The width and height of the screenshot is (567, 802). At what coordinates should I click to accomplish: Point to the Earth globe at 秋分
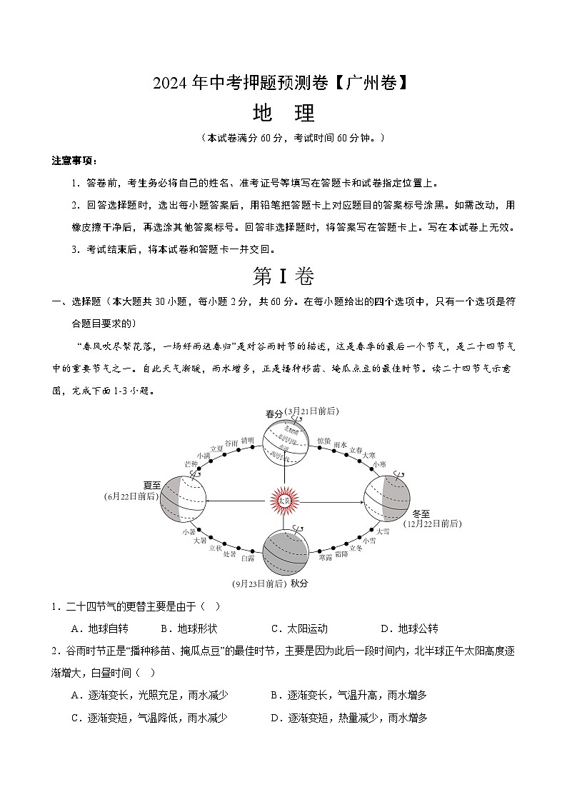pyautogui.click(x=284, y=553)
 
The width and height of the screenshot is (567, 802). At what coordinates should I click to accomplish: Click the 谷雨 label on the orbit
pyautogui.click(x=231, y=443)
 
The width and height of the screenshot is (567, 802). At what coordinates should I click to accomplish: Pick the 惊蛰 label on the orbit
pyautogui.click(x=323, y=441)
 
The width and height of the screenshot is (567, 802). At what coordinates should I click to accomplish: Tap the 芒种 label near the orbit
pyautogui.click(x=191, y=463)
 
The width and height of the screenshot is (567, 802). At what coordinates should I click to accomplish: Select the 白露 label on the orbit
pyautogui.click(x=248, y=558)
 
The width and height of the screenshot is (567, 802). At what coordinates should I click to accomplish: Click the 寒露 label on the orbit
pyautogui.click(x=325, y=557)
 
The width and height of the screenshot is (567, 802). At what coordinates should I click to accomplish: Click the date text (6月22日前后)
pyautogui.click(x=131, y=495)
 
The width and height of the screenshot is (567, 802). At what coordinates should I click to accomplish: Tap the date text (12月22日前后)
pyautogui.click(x=432, y=523)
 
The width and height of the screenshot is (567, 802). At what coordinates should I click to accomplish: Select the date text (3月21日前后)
pyautogui.click(x=311, y=411)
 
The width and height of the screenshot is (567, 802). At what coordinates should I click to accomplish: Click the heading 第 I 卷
pyautogui.click(x=283, y=275)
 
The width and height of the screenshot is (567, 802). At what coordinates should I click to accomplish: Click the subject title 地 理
pyautogui.click(x=283, y=114)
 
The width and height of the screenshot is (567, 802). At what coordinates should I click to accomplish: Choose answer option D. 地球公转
pyautogui.click(x=409, y=628)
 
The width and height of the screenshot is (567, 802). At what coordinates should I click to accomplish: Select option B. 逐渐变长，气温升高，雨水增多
pyautogui.click(x=348, y=695)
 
